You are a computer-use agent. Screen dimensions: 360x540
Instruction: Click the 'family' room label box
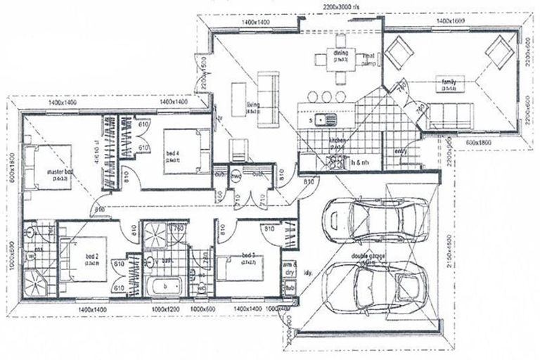coord(449,84)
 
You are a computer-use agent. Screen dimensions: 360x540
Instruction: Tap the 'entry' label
coord(401,150)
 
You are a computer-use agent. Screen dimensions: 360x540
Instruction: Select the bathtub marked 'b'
coord(164,285)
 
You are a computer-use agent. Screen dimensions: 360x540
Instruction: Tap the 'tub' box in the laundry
coord(290,288)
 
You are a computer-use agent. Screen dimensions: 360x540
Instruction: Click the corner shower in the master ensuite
coord(34,283)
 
